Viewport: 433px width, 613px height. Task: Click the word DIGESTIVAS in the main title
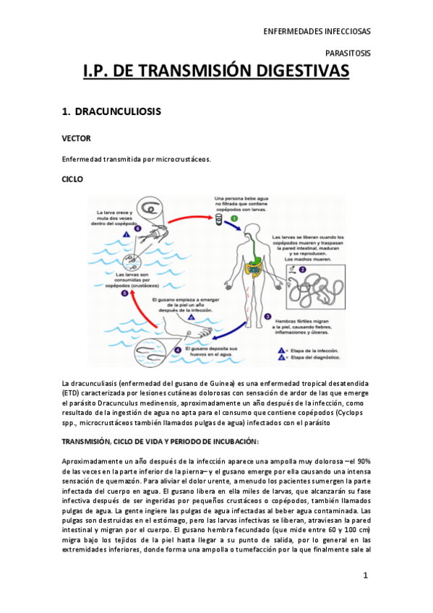(x=292, y=71)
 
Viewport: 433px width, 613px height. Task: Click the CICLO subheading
(x=72, y=179)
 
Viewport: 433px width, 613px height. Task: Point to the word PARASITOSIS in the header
(x=348, y=53)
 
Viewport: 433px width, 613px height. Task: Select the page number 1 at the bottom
(x=366, y=575)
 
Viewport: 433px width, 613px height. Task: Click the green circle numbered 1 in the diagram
(x=234, y=218)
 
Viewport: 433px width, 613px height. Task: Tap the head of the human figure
(x=249, y=231)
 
